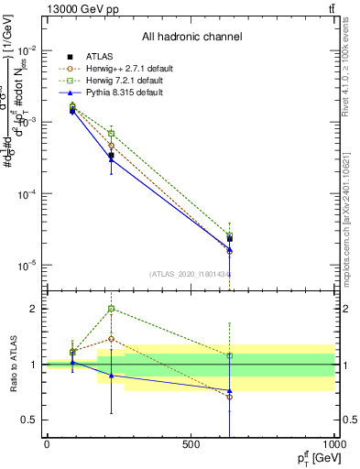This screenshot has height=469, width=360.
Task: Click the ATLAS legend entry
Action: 98,57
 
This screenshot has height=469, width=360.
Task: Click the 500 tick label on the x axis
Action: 191,444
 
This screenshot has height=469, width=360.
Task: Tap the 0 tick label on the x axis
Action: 47,444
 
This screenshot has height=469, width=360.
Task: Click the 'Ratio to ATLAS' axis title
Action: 15,365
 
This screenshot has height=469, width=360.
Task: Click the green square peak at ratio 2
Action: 112,309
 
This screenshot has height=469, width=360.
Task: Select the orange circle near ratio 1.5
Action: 112,339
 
